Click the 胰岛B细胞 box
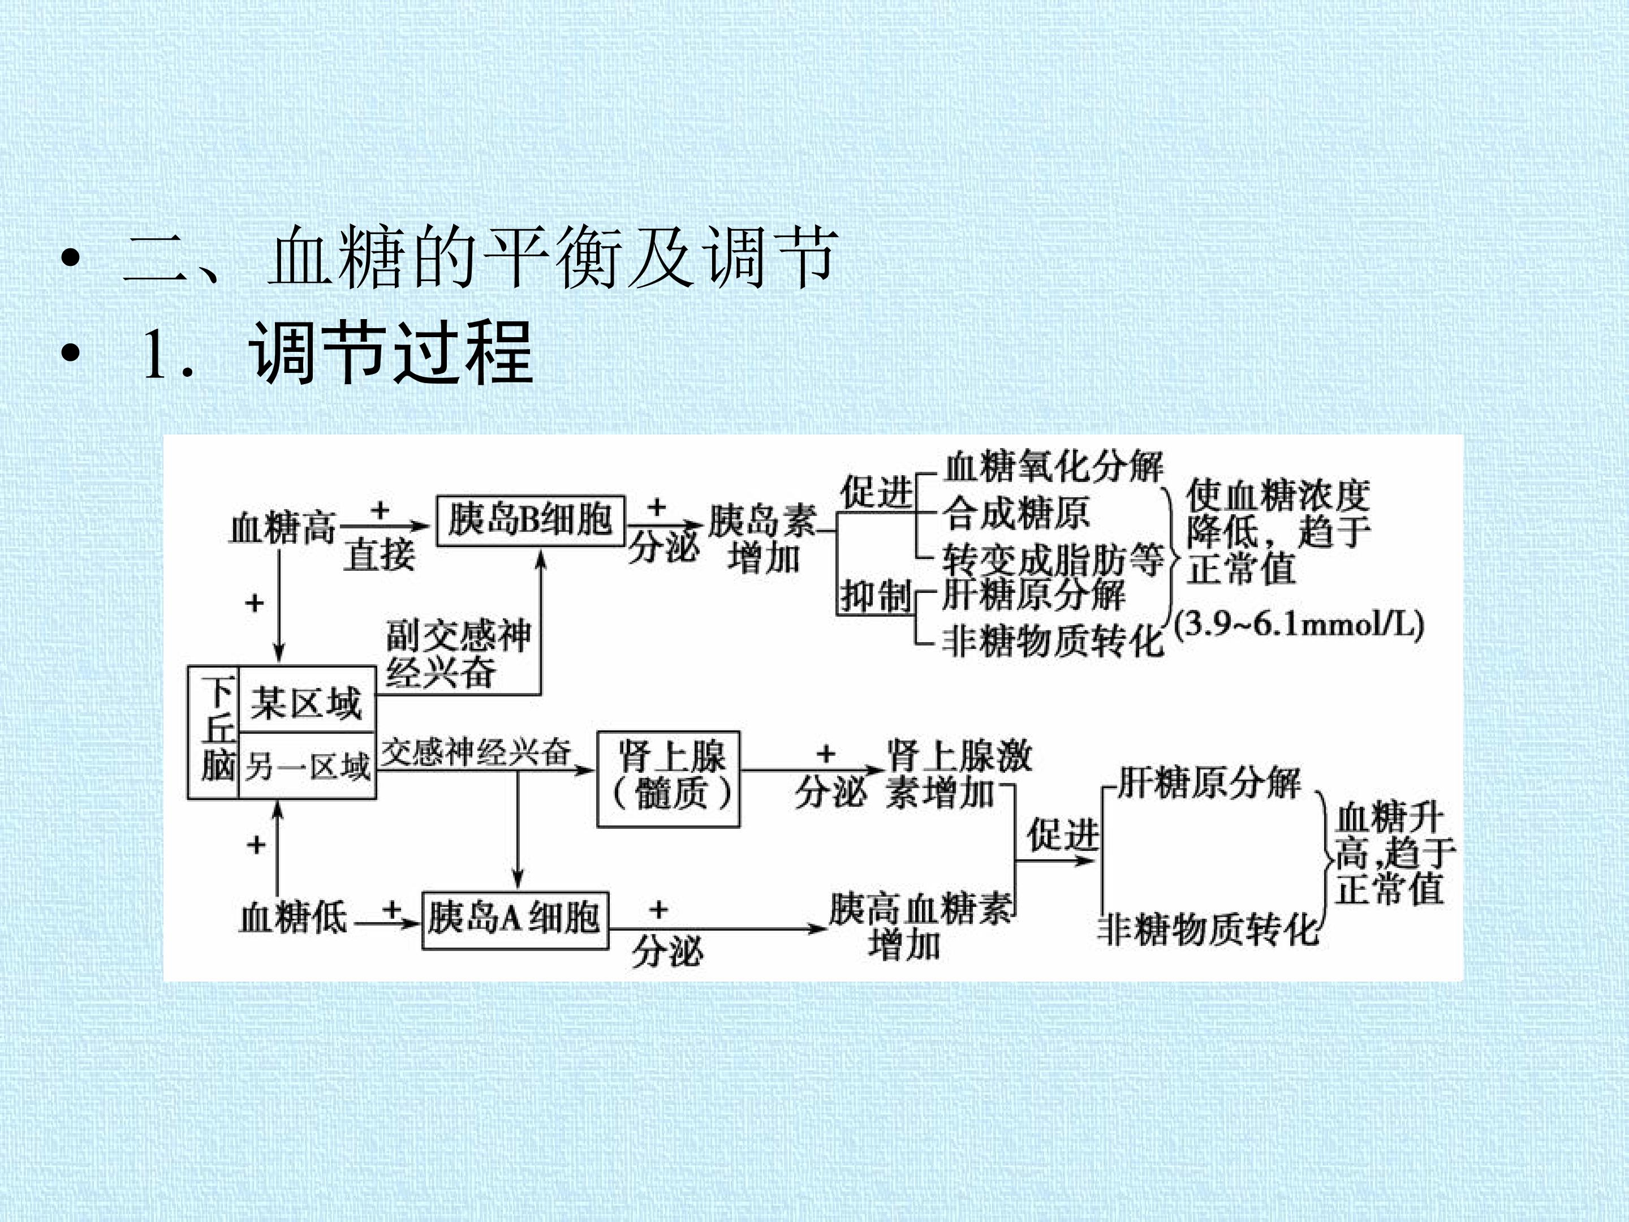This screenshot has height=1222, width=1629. coord(530,521)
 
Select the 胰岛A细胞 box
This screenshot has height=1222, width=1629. coord(515,919)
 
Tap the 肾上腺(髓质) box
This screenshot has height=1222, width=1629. coord(668,780)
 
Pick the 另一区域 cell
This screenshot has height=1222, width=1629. coord(307,766)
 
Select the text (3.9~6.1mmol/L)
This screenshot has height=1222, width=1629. coord(1298,625)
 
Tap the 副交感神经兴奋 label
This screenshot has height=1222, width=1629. coord(458,653)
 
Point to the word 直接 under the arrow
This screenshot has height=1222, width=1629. coord(380,554)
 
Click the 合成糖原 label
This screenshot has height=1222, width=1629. coord(1016,513)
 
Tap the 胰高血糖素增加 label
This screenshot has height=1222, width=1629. coord(920,927)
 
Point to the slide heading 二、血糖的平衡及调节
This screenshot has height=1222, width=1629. coord(480,256)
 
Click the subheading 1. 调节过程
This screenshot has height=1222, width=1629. coord(337,353)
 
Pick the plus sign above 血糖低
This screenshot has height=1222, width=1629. coord(256,844)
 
